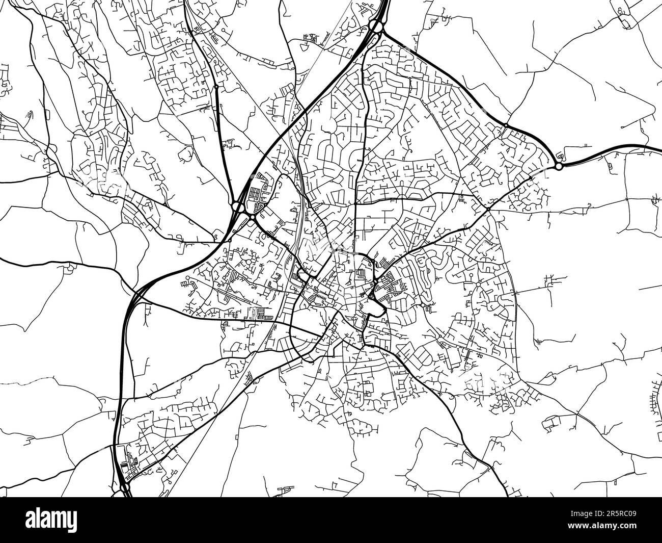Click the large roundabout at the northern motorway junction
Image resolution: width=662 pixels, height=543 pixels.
tap(376, 26)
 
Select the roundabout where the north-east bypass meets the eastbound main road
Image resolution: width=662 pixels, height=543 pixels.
tap(559, 166)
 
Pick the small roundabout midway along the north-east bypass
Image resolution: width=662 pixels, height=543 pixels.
tap(506, 125)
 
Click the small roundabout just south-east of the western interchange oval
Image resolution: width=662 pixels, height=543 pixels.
tap(253, 218)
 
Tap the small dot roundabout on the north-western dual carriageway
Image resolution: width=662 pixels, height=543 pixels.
tap(216, 87)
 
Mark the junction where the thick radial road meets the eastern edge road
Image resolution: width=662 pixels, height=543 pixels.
tap(488, 209)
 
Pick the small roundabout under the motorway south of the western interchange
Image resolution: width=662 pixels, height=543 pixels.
tap(229, 240)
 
